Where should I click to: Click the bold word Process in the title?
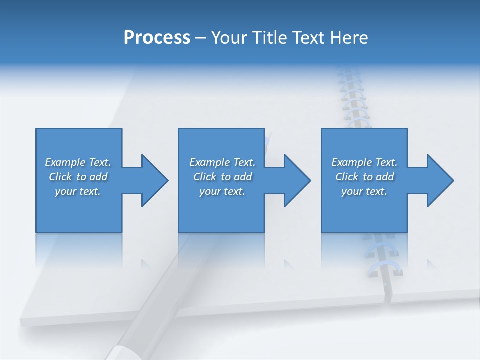(157, 38)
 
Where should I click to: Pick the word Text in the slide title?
(310, 38)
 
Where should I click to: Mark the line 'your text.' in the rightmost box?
(364, 191)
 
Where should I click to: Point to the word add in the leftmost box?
(99, 177)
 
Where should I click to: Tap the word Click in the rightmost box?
(347, 177)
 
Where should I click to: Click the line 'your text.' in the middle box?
(222, 191)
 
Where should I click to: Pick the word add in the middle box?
(243, 177)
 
